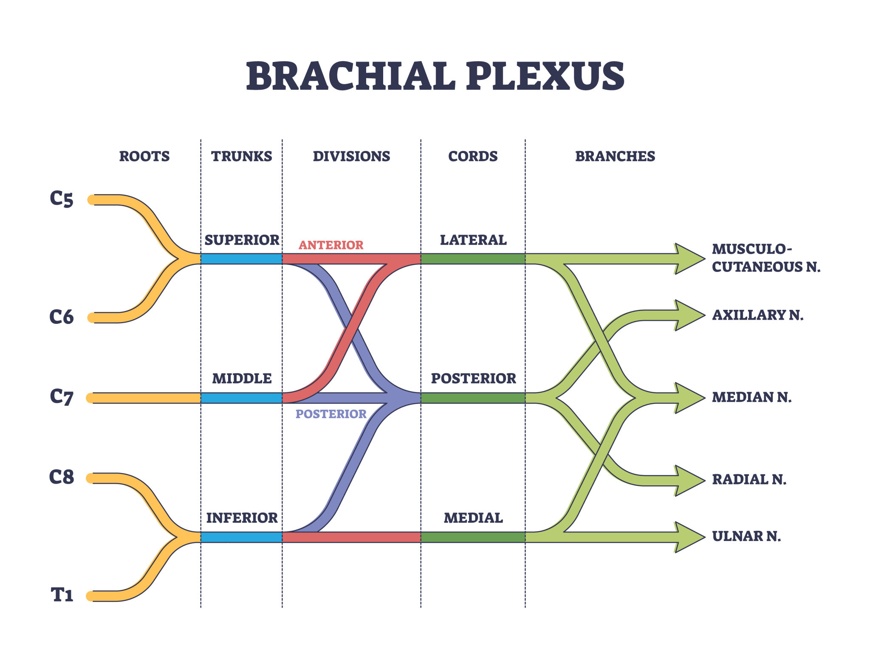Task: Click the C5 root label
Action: [x=62, y=198]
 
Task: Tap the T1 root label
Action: [x=62, y=595]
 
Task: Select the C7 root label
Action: [x=62, y=397]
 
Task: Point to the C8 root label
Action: [x=62, y=477]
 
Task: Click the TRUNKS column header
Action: [x=242, y=156]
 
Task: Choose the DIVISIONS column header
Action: [x=351, y=156]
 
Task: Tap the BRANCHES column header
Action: [x=615, y=156]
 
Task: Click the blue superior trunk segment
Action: [x=241, y=259]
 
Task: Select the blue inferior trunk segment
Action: [x=241, y=537]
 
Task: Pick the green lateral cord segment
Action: [x=473, y=259]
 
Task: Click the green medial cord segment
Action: [x=473, y=537]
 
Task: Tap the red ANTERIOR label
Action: [x=331, y=245]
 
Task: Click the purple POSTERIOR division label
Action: [x=331, y=414]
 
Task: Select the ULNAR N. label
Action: [x=746, y=536]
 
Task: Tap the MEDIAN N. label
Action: [x=751, y=397]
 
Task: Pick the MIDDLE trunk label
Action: [x=242, y=378]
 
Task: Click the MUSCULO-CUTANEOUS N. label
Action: [x=766, y=258]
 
